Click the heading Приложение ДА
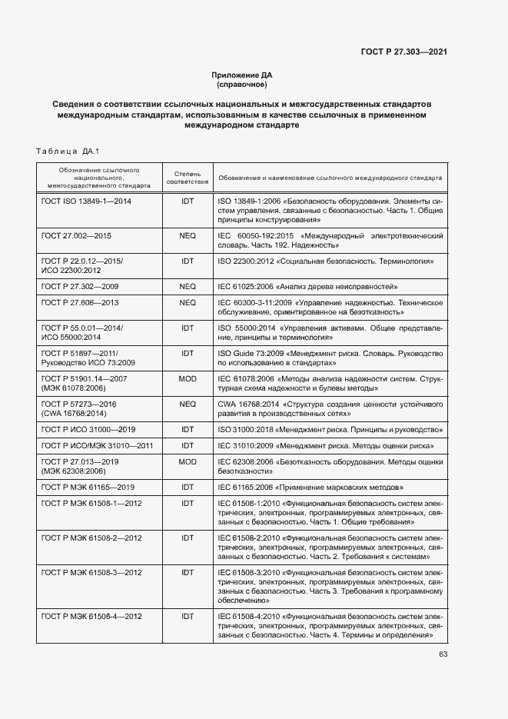242,75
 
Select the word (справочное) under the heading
242,84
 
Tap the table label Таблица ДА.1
68,151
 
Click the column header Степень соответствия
188,178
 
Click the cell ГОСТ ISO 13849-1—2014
86,201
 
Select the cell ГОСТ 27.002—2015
76,235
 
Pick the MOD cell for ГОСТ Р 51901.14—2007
188,379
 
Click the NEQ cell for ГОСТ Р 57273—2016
188,404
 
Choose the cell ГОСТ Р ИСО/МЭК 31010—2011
98,445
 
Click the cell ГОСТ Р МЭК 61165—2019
88,487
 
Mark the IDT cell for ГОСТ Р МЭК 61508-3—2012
188,572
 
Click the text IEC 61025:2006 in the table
245,285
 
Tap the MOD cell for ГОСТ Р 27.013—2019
188,461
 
